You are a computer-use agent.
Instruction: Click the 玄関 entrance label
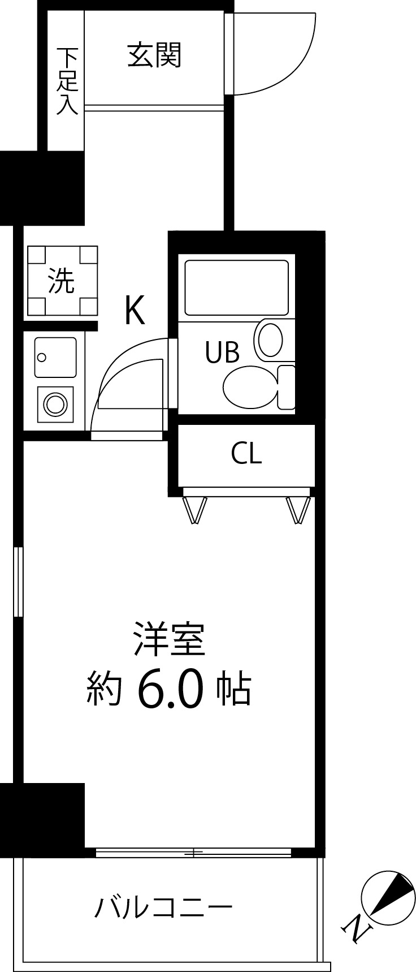tap(154, 55)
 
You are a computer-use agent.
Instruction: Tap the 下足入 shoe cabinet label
tap(67, 81)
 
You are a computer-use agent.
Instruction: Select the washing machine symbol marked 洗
tap(62, 281)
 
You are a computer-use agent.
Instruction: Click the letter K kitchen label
tap(135, 310)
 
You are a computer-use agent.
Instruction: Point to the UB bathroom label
tap(222, 352)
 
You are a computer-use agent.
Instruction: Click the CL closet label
tap(246, 453)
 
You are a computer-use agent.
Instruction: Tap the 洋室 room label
tap(168, 639)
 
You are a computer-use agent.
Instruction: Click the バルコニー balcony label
tap(163, 909)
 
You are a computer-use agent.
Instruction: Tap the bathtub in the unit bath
tap(236, 287)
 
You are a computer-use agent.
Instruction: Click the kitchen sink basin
tap(55, 357)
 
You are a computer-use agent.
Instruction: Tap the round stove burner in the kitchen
tap(55, 404)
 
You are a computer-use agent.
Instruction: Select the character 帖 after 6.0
tap(233, 689)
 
